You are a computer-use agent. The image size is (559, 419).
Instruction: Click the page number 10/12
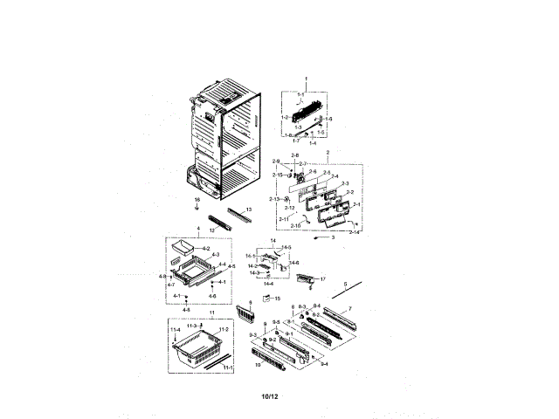269,398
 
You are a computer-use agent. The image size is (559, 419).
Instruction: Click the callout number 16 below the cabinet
197,200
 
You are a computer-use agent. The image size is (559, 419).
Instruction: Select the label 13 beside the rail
249,210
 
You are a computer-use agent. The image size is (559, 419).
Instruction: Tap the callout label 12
211,230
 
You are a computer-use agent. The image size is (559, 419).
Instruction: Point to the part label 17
322,279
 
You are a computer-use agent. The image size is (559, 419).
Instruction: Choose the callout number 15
278,299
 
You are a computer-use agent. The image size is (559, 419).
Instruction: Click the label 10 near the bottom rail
258,365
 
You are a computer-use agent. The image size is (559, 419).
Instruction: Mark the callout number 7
349,309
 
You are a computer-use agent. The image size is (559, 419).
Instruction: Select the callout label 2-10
295,226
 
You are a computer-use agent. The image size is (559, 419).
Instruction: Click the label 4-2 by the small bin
206,249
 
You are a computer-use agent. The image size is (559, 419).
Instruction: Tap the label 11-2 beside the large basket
224,329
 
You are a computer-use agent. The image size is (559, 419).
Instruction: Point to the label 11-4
175,329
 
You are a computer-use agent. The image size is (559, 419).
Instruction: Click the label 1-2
285,117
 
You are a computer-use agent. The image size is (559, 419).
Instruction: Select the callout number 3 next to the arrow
332,237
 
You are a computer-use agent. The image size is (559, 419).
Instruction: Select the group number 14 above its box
272,240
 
